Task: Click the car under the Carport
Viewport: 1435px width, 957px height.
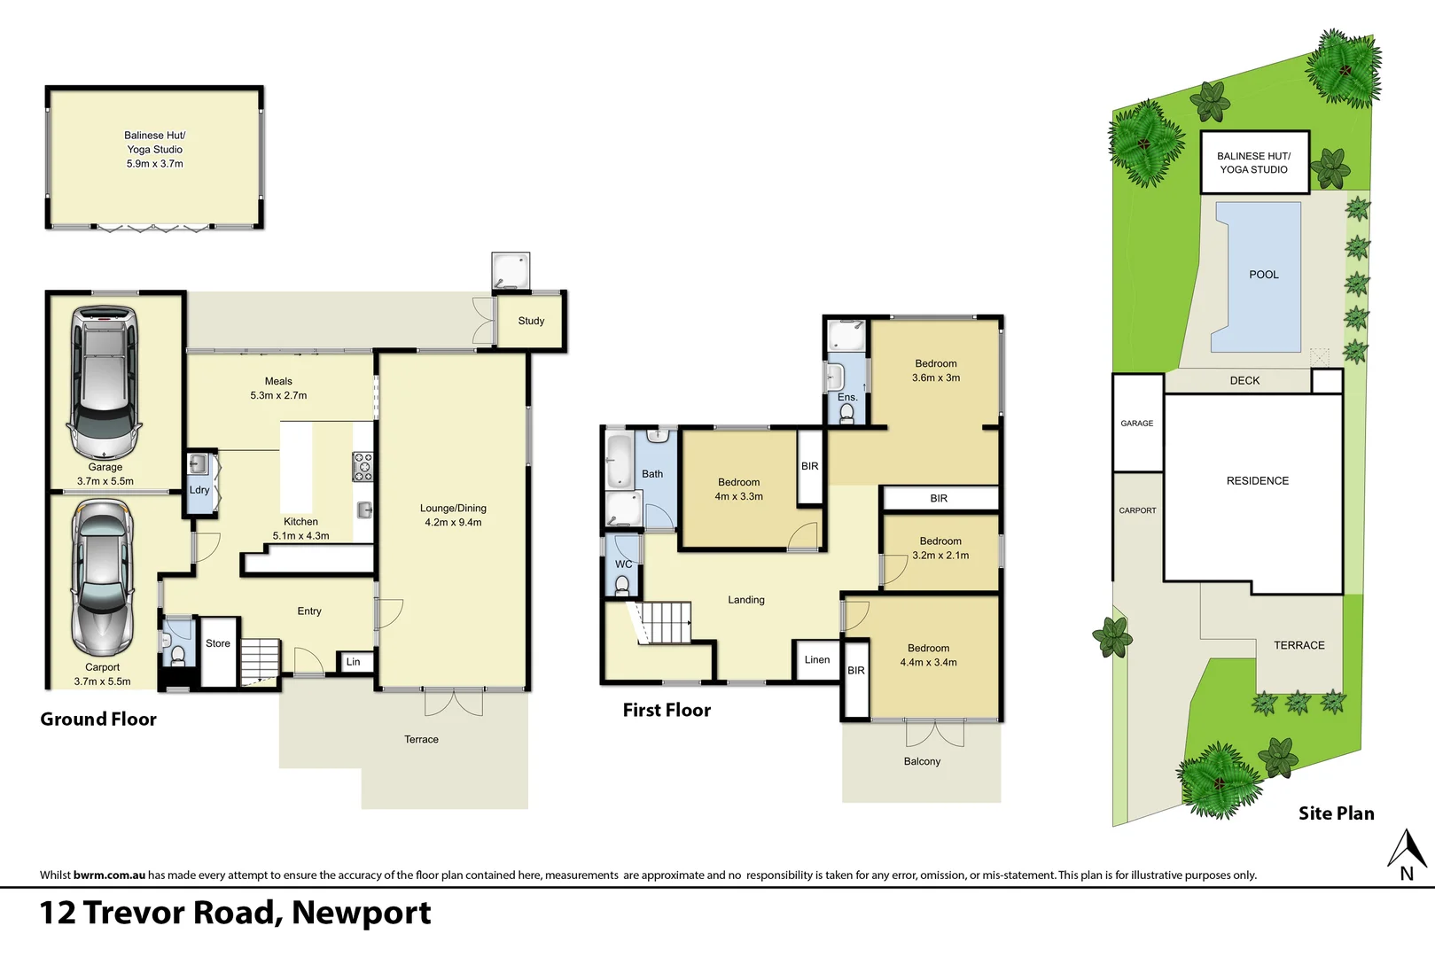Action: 103,578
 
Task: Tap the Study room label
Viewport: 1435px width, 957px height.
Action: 531,321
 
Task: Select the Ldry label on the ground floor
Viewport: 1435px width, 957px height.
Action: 199,490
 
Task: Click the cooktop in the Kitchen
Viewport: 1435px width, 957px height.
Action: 363,466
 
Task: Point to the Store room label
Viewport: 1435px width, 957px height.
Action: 218,644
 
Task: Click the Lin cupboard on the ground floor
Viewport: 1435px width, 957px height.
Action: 354,662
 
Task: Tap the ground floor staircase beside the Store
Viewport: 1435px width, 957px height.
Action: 261,659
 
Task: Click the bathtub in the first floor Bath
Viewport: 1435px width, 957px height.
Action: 619,460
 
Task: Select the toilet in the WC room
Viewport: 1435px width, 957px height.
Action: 622,585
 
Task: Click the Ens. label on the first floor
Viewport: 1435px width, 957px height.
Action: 847,397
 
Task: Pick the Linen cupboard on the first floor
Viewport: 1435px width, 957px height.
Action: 817,660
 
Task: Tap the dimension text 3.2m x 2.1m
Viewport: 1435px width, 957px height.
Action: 940,556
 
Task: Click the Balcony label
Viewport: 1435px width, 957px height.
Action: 922,761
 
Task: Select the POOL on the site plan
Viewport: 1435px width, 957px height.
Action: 1263,275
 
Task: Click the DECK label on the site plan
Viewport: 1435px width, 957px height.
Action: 1244,380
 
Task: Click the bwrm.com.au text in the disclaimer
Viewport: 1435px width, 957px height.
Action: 109,875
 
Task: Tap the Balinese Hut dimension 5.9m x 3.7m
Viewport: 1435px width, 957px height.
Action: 154,164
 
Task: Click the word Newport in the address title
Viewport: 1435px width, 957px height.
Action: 361,913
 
